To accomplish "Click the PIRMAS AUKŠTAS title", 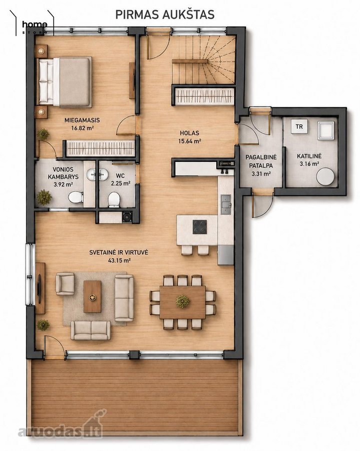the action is (165, 15).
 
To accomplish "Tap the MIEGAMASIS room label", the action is (82, 120).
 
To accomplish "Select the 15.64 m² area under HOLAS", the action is (189, 141).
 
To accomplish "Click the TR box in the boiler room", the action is (299, 127).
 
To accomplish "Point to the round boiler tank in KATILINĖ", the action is (325, 176).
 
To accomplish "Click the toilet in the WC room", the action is (114, 199).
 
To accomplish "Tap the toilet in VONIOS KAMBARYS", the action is (76, 197).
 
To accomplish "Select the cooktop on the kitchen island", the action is (200, 227).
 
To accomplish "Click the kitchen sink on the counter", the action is (225, 204).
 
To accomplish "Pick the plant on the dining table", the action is (183, 301).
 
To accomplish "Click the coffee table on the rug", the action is (92, 297).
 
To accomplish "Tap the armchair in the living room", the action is (65, 284).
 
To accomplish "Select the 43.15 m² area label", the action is (119, 261).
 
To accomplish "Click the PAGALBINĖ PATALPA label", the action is (261, 161).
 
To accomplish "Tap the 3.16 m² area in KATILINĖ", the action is (309, 164).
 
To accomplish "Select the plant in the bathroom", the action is (44, 197).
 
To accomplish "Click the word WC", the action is (120, 175).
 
